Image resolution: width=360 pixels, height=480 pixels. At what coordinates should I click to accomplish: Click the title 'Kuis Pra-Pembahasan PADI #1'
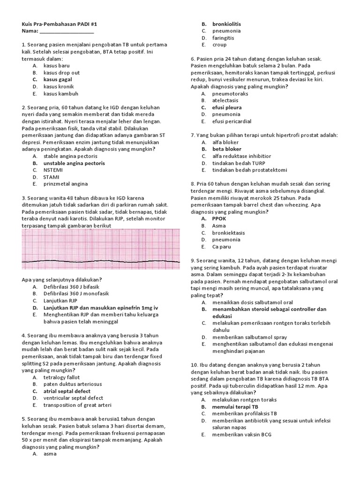[60, 24]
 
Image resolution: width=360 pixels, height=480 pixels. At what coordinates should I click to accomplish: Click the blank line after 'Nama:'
[67, 31]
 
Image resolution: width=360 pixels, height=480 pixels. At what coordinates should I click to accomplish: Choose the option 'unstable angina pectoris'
[74, 163]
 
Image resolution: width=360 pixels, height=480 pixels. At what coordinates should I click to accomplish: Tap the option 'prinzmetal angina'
[66, 184]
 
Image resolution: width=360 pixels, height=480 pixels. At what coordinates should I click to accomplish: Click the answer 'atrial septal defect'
[67, 391]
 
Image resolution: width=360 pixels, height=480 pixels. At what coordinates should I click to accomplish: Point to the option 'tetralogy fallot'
[62, 377]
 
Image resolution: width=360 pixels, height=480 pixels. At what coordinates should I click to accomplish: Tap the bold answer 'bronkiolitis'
[227, 24]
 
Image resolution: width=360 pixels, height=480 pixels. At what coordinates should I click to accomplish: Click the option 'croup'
[219, 45]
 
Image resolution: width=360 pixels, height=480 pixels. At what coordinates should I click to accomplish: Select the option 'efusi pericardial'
[232, 121]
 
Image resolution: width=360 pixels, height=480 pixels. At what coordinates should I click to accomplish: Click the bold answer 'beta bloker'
[227, 149]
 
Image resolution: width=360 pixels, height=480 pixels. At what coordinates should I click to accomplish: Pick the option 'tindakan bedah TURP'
[239, 163]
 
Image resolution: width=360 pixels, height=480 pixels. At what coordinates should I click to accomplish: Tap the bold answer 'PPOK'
[219, 218]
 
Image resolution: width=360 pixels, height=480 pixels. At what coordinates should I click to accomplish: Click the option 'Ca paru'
[222, 246]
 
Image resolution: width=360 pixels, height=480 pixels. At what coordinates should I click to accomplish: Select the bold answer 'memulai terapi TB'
[235, 407]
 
